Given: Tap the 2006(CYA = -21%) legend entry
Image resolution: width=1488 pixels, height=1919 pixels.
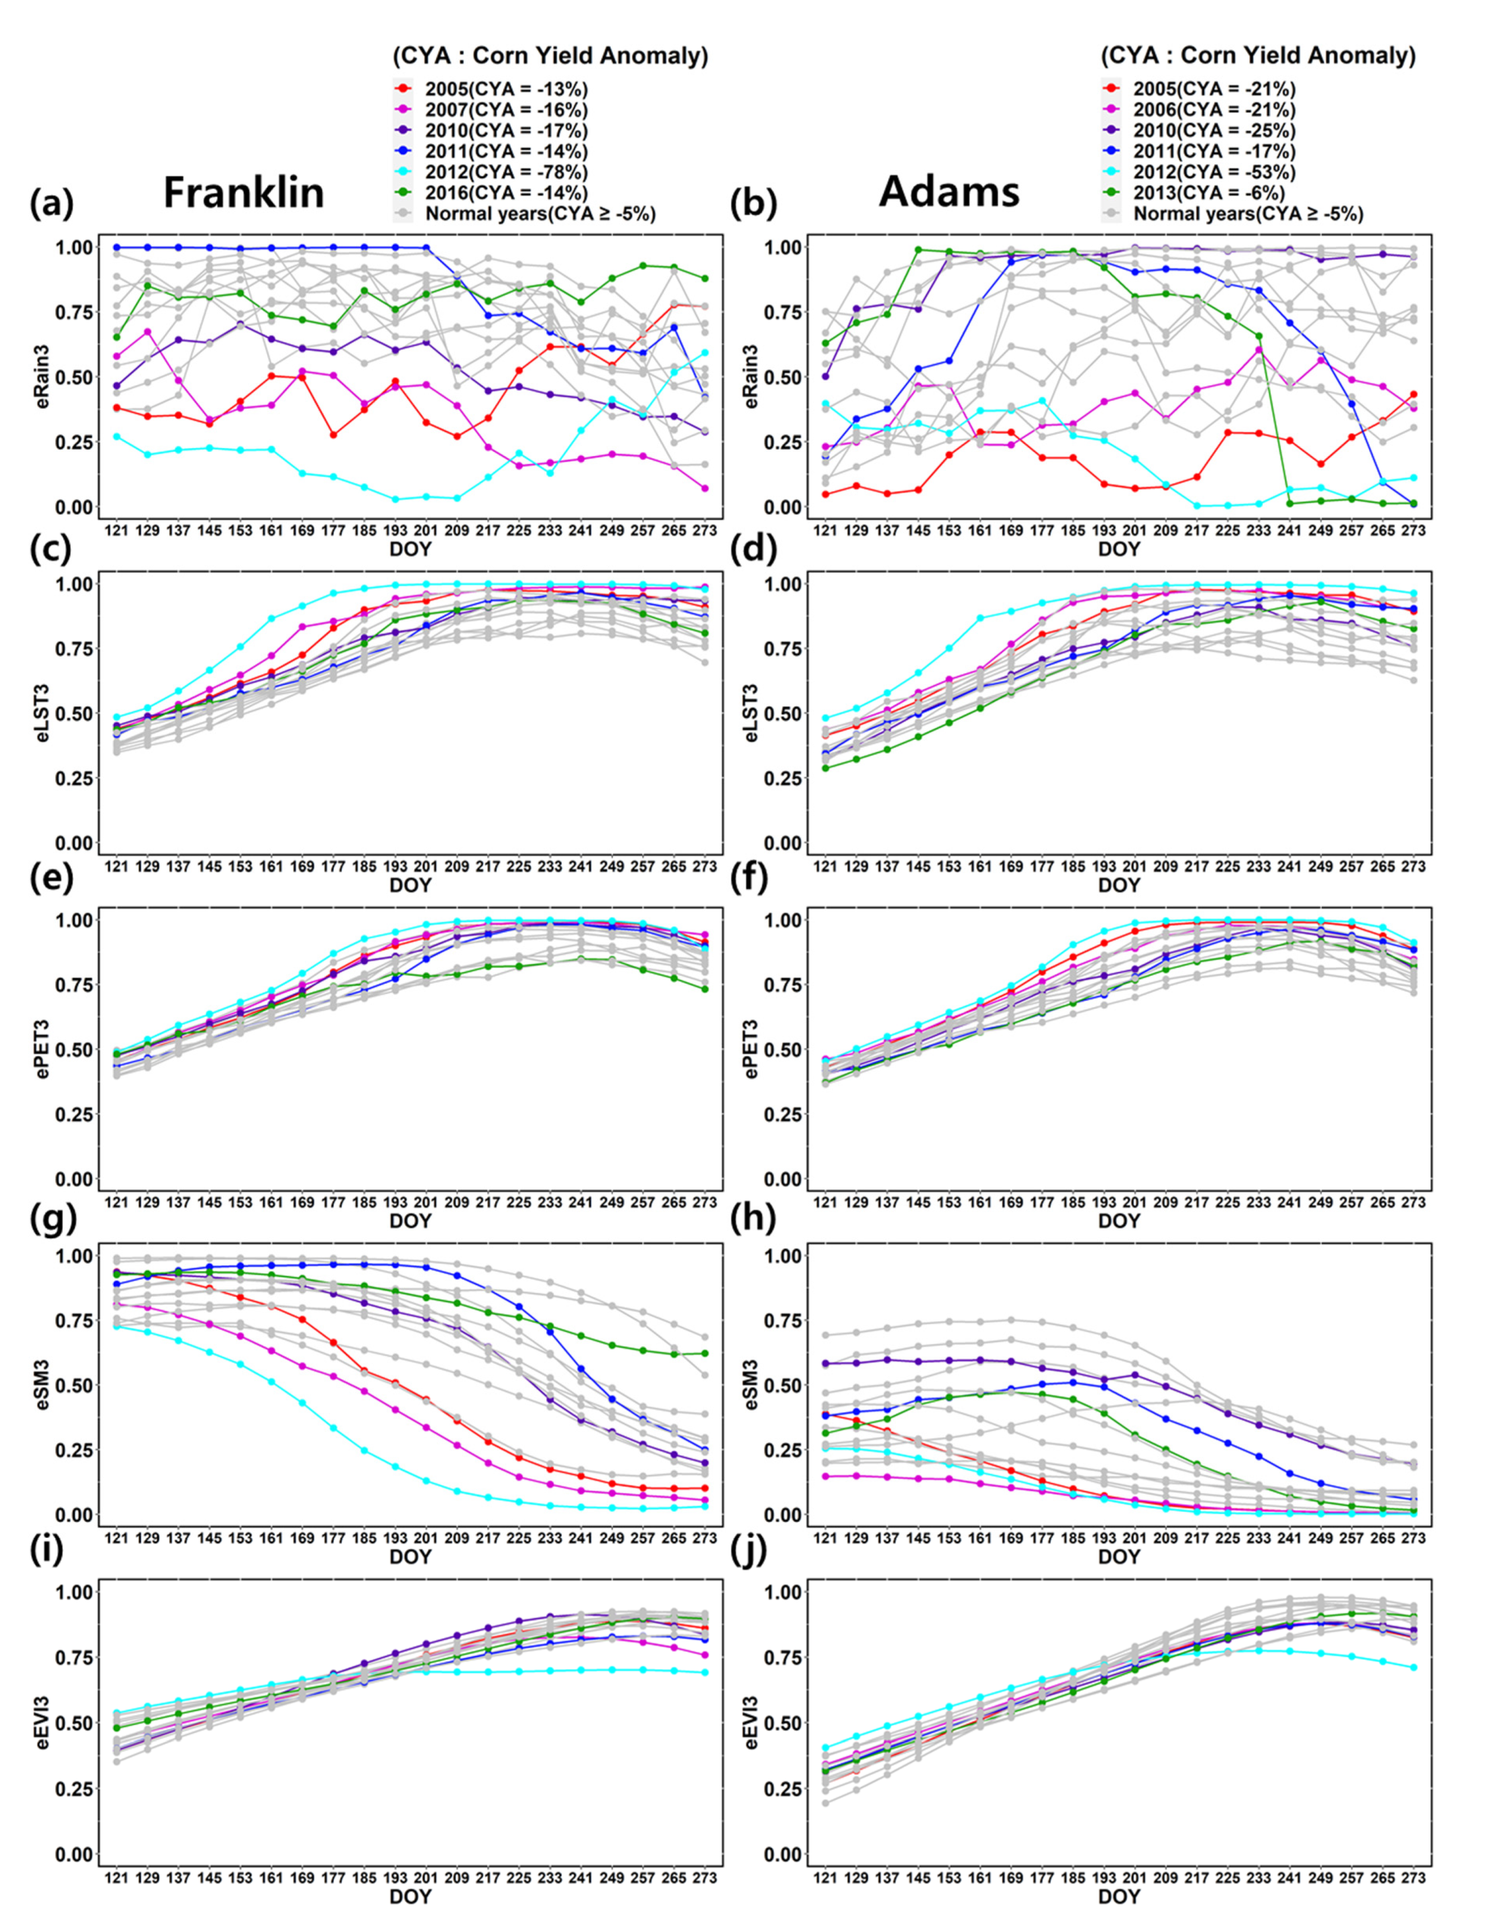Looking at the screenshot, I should (x=1212, y=110).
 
